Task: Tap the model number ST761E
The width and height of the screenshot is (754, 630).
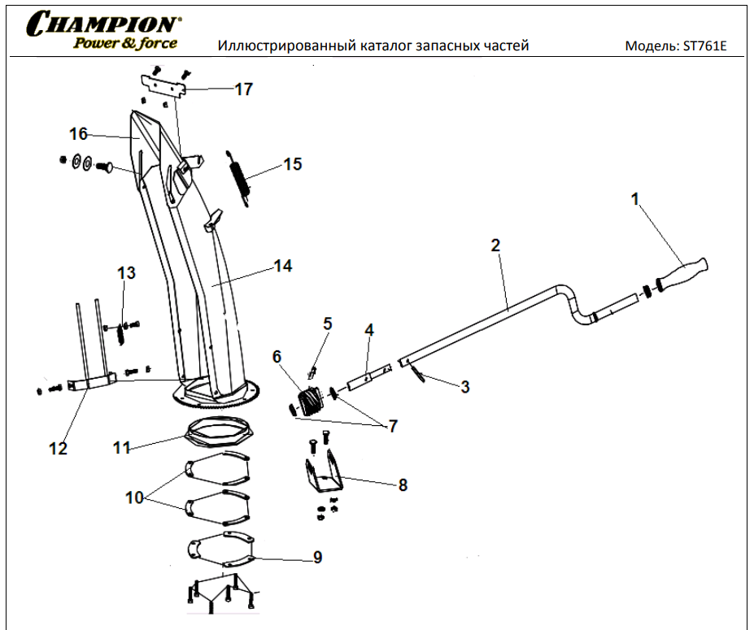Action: click(x=704, y=46)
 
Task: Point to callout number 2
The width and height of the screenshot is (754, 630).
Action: click(x=495, y=244)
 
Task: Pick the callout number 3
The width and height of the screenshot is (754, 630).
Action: click(x=464, y=387)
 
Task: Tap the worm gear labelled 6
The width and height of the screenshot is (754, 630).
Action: click(x=308, y=402)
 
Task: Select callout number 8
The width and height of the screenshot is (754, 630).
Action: click(x=403, y=485)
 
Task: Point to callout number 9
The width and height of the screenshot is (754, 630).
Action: click(x=317, y=557)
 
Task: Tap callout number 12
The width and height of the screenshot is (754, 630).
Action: click(x=58, y=448)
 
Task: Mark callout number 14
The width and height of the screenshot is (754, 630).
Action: click(x=282, y=266)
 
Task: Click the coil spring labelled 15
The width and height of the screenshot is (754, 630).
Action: click(x=242, y=176)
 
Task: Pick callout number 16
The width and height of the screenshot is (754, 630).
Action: click(x=78, y=133)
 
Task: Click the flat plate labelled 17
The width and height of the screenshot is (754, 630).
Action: click(x=163, y=85)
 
